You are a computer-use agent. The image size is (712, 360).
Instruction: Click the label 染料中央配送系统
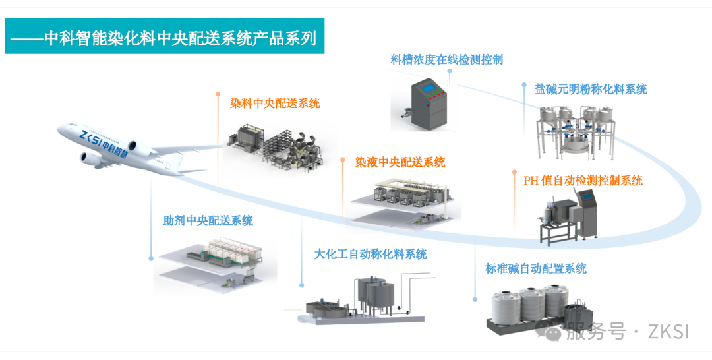pyautogui.click(x=275, y=104)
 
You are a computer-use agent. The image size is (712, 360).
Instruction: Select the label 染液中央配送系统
pyautogui.click(x=400, y=162)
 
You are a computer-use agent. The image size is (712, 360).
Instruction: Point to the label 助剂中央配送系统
pyautogui.click(x=208, y=221)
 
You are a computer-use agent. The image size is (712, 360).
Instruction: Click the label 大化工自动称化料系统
pyautogui.click(x=371, y=254)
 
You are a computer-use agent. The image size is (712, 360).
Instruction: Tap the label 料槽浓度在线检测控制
pyautogui.click(x=447, y=60)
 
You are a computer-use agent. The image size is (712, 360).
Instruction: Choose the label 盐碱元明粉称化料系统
pyautogui.click(x=591, y=89)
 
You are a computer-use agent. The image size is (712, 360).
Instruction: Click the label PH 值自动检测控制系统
pyautogui.click(x=583, y=180)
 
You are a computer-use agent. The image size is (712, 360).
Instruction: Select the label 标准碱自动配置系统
pyautogui.click(x=535, y=268)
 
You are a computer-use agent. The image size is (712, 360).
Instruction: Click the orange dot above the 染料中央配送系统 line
pyautogui.click(x=218, y=94)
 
